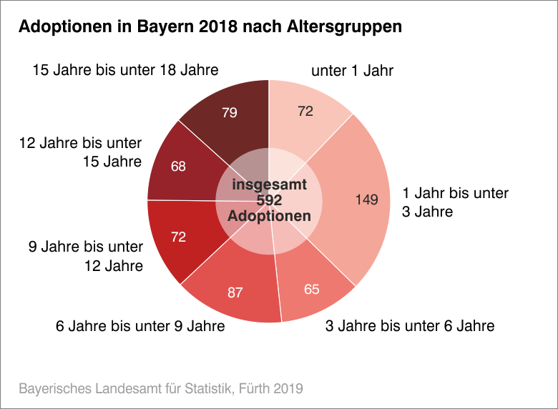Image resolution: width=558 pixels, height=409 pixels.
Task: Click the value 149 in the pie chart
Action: click(x=366, y=200)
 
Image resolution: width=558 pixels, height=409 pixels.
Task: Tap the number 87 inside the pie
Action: click(x=235, y=292)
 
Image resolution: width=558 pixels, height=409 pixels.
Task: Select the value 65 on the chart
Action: click(x=312, y=290)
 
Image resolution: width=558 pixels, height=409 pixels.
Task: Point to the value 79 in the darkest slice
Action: click(x=230, y=112)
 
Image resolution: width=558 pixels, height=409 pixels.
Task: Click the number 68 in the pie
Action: click(x=179, y=167)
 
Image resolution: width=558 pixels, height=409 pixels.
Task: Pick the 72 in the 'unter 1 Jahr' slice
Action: click(x=306, y=111)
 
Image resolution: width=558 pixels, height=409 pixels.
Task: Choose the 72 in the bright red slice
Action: click(x=179, y=237)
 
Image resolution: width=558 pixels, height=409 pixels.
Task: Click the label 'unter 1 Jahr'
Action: click(x=352, y=71)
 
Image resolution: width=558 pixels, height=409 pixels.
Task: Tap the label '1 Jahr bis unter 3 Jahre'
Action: click(x=455, y=202)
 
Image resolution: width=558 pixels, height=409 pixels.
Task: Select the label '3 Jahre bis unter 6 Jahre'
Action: click(x=409, y=326)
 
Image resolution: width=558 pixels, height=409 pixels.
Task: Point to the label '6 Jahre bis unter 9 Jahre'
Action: click(x=140, y=327)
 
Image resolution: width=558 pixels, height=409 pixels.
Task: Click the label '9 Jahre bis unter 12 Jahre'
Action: click(x=86, y=256)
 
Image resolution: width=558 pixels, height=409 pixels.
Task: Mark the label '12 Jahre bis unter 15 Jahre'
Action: click(x=80, y=152)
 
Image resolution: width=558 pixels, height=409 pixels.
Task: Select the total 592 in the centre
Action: click(x=269, y=200)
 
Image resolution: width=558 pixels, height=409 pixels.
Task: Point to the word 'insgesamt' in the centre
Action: click(x=270, y=184)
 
